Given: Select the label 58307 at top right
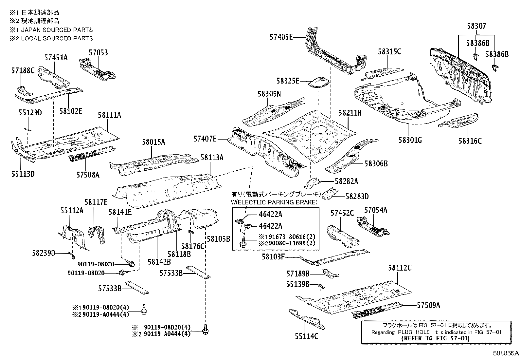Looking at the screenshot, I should click(x=476, y=26).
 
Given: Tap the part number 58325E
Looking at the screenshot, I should click(x=288, y=81).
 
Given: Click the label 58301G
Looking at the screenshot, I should click(x=410, y=140).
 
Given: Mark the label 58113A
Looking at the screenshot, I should click(x=212, y=158).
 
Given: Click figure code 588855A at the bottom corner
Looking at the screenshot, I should click(x=506, y=353).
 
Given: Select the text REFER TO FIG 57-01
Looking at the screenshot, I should click(x=435, y=338).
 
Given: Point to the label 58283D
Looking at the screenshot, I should click(x=357, y=197).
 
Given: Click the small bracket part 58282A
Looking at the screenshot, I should click(x=314, y=182).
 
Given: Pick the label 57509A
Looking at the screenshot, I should click(x=428, y=305).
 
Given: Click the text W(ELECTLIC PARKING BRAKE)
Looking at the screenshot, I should click(x=275, y=202).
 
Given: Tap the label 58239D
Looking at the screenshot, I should click(x=44, y=253).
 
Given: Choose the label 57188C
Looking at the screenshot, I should click(x=23, y=70).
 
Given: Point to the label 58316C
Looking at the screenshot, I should click(x=470, y=141).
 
